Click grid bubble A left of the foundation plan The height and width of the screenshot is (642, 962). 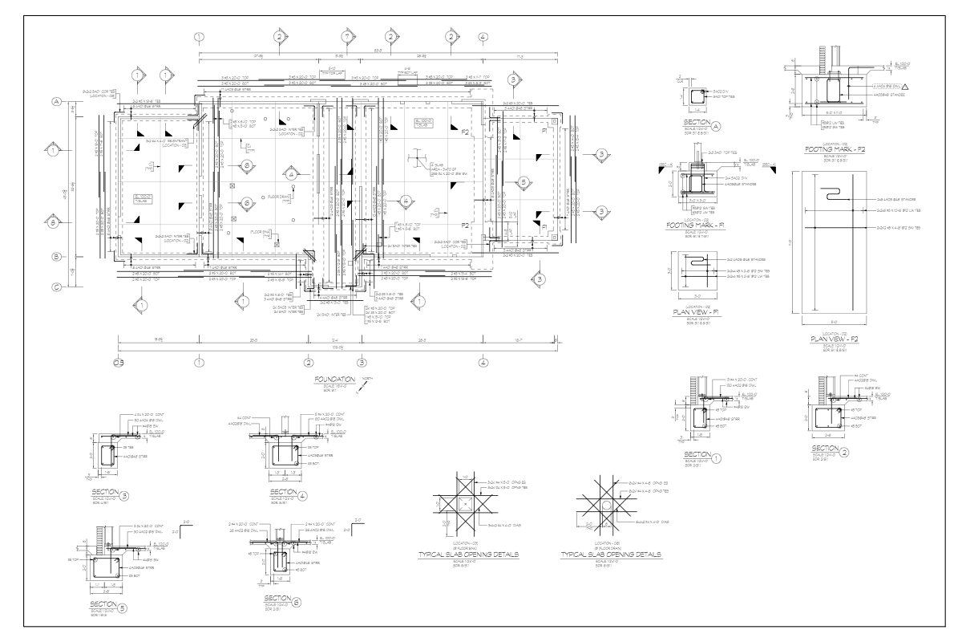tap(57, 102)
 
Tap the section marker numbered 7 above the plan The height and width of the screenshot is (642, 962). tap(346, 37)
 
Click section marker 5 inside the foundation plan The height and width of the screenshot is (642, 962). tap(523, 181)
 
